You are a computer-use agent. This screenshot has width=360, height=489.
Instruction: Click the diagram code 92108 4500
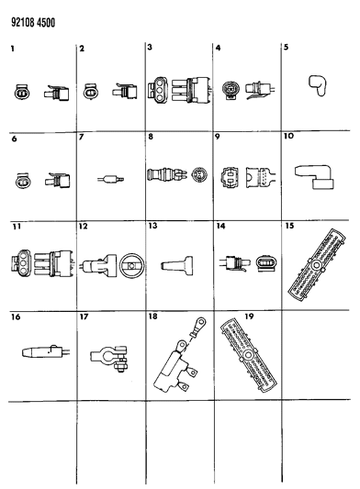[x=33, y=23]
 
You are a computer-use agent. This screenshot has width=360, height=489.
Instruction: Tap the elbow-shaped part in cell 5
[x=317, y=85]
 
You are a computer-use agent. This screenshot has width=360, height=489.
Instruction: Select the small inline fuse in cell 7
[x=110, y=179]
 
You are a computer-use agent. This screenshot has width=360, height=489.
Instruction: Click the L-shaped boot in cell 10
[x=314, y=176]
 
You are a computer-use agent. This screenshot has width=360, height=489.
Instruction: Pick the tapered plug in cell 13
[x=177, y=265]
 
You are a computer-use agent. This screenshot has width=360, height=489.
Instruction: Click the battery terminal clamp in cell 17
[x=109, y=358]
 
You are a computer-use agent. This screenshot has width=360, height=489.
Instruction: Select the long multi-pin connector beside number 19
[x=249, y=355]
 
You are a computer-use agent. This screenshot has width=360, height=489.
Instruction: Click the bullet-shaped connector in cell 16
[x=46, y=351]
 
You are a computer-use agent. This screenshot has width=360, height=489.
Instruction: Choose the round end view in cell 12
[x=131, y=265]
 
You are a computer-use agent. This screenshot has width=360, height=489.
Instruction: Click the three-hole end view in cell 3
[x=157, y=90]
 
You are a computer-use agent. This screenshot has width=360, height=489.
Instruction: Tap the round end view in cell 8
[x=199, y=174]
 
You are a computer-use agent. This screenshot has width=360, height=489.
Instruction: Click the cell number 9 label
[x=218, y=137]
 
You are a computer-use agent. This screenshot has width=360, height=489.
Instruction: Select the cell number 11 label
[x=17, y=226]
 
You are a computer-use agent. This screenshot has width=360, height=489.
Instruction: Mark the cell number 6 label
[x=14, y=139]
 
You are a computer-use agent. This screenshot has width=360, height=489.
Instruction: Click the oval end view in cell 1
[x=22, y=93]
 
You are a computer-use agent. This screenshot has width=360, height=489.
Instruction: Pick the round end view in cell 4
[x=230, y=90]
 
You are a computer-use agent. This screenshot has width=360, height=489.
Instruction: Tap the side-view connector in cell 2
[x=125, y=91]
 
